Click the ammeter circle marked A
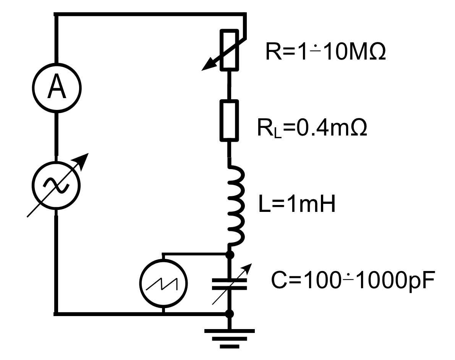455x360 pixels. click(x=57, y=88)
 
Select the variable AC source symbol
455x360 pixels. click(x=57, y=185)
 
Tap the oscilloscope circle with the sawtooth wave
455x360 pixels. click(x=164, y=283)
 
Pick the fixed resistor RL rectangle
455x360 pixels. click(x=230, y=121)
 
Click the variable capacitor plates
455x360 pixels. click(x=230, y=283)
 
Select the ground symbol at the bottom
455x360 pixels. click(x=230, y=338)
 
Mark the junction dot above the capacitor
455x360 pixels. click(x=230, y=254)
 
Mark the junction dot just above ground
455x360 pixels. click(x=230, y=314)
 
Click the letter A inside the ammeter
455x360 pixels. click(x=57, y=88)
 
